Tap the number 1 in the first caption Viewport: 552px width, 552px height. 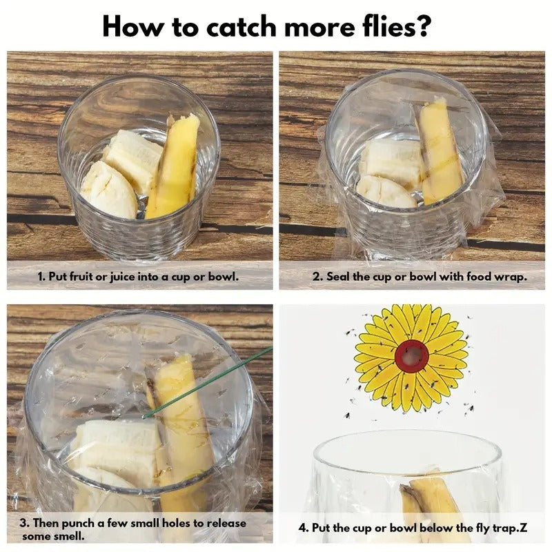41,276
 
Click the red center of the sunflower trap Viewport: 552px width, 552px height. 412,356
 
